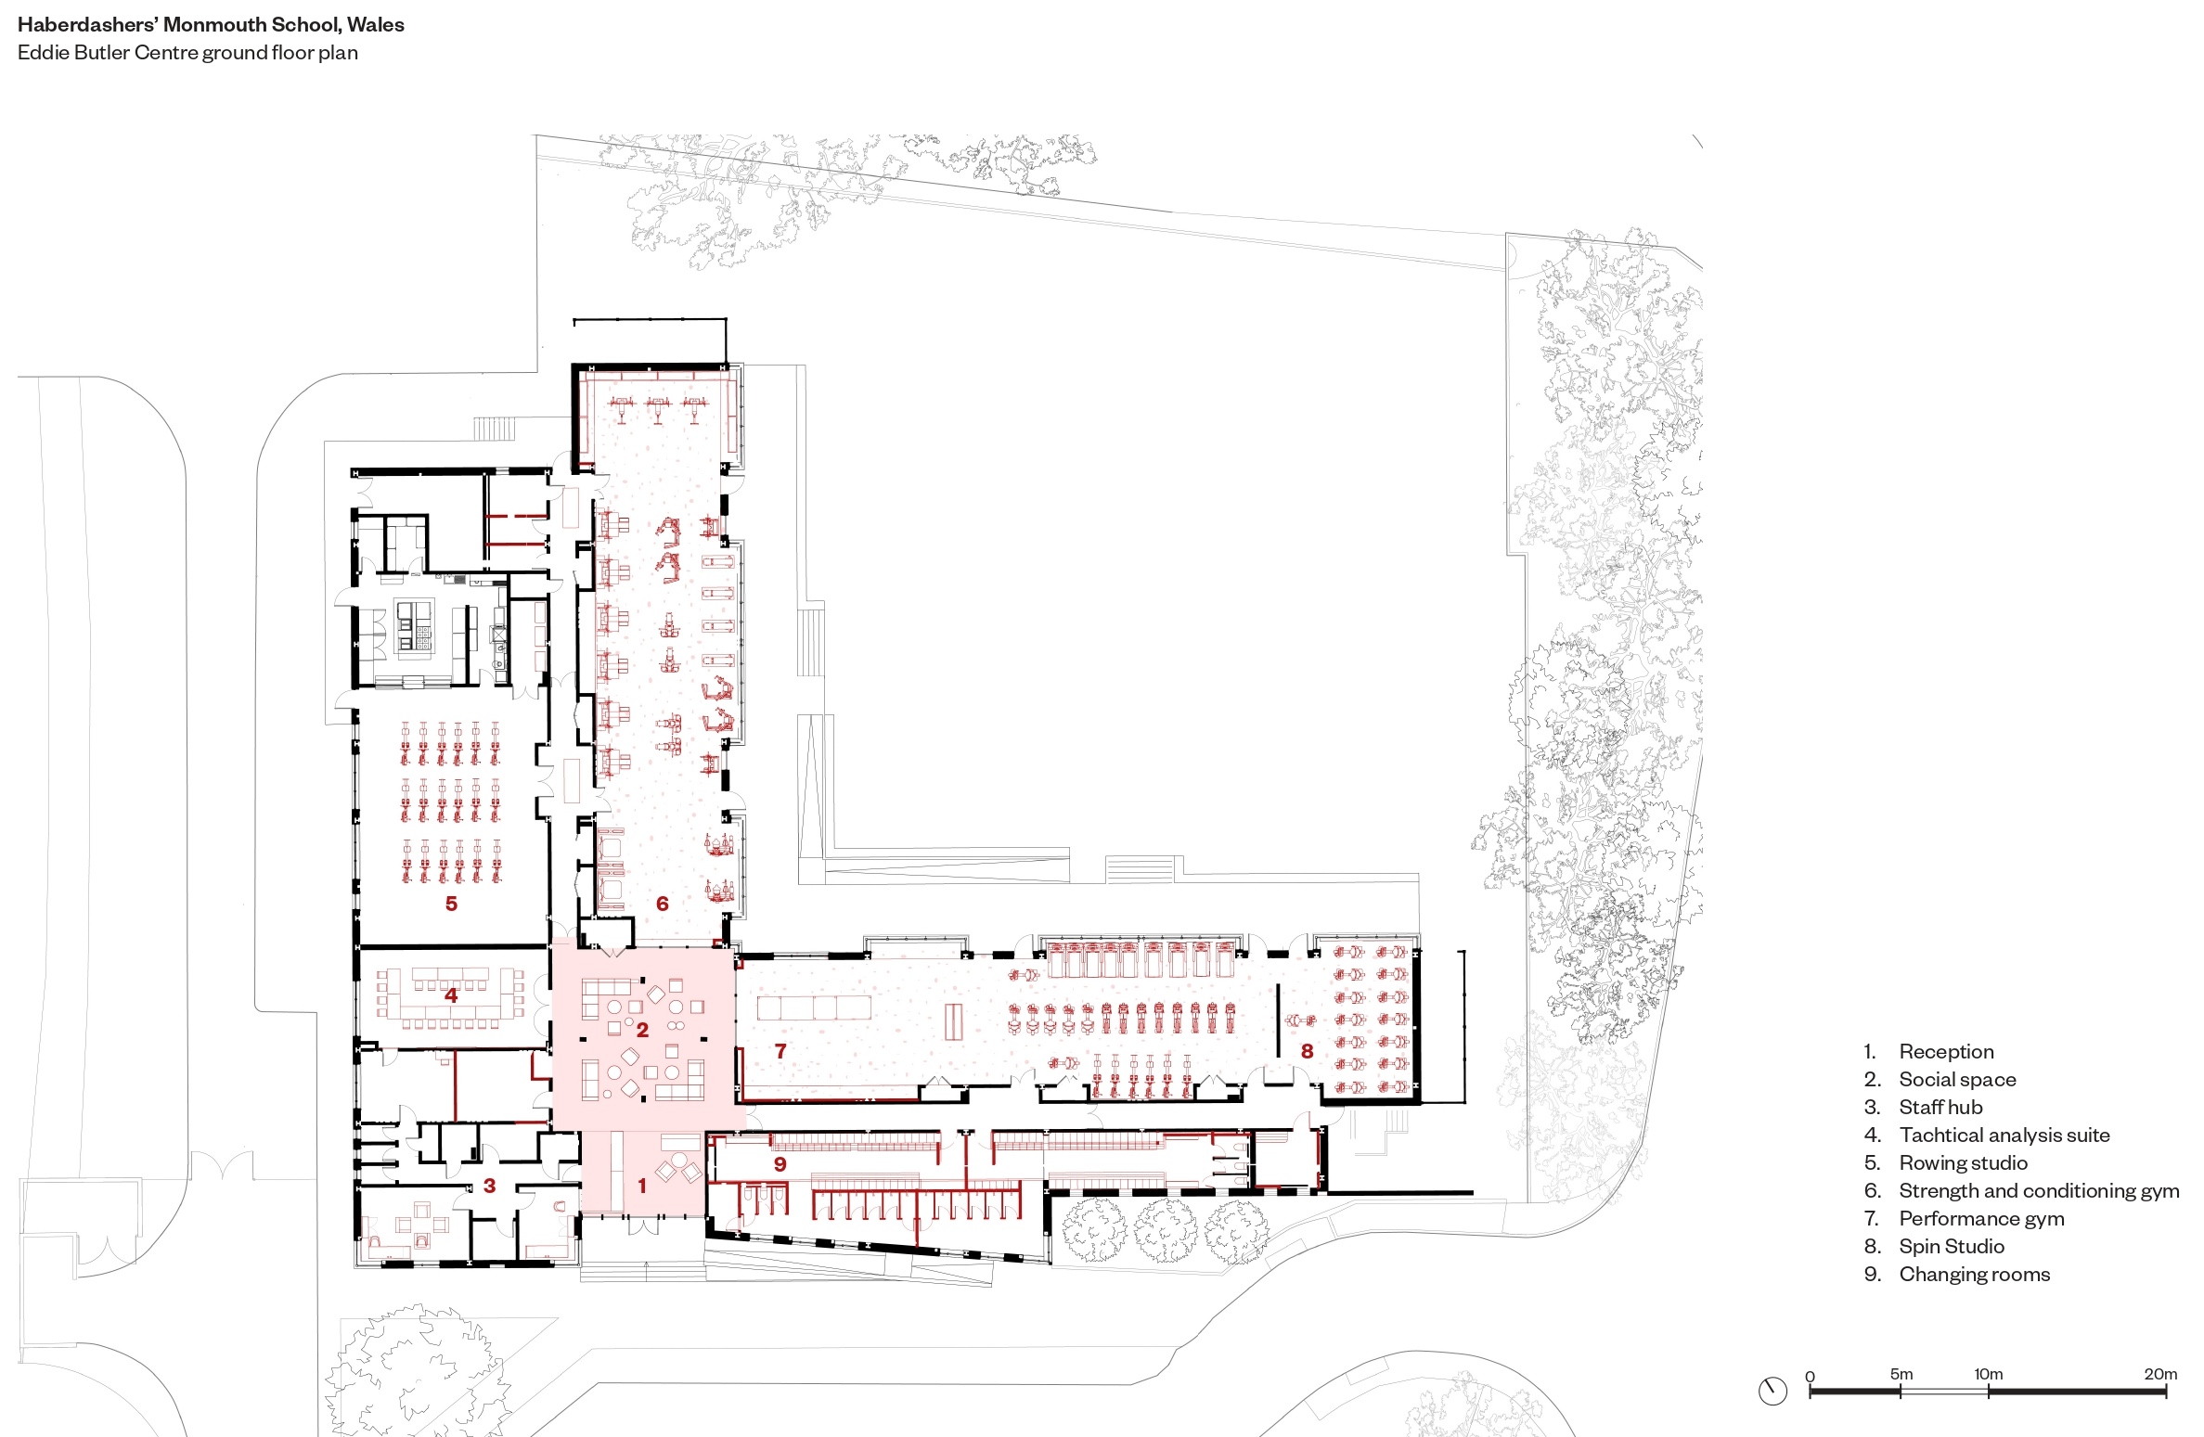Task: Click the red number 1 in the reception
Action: coord(641,1185)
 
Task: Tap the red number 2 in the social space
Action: coord(642,1030)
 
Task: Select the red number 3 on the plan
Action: coord(489,1185)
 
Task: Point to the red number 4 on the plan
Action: coord(451,994)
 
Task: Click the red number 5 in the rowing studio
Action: coord(451,903)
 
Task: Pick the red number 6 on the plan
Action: coord(662,903)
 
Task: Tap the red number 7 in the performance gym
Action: coord(780,1050)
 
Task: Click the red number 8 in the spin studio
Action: coord(1307,1050)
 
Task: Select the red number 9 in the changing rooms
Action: coord(780,1163)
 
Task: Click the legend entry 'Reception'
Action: coord(1946,1051)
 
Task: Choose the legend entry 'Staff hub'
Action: coord(1940,1107)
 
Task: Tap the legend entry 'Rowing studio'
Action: coord(1963,1162)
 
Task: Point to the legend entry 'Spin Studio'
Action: coord(1952,1246)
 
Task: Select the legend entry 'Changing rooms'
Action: coord(1975,1274)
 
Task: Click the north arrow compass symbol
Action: coord(1772,1391)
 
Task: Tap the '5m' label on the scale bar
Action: coord(1901,1373)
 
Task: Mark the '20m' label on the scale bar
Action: coord(2160,1373)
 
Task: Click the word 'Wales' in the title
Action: coord(376,25)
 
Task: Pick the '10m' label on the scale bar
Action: coord(1988,1373)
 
